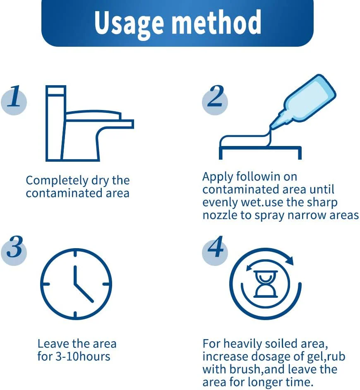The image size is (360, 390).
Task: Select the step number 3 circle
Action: [14, 251]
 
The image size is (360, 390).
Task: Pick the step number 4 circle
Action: [215, 251]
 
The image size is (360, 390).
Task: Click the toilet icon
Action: [90, 123]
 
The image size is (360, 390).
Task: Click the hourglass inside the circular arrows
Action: [265, 284]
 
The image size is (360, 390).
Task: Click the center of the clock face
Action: [76, 284]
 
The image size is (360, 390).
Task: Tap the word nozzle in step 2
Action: [220, 215]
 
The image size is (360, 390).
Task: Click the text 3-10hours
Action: [83, 357]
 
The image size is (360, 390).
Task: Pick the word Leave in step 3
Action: [53, 344]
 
